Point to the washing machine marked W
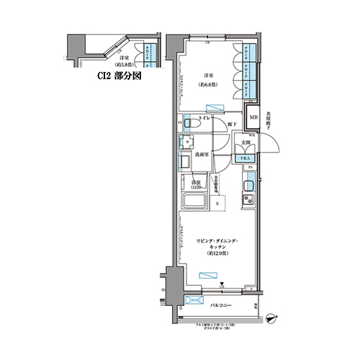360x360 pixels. (x=186, y=141)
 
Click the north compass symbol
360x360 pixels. (x=271, y=315)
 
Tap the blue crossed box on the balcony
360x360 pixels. (x=194, y=301)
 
